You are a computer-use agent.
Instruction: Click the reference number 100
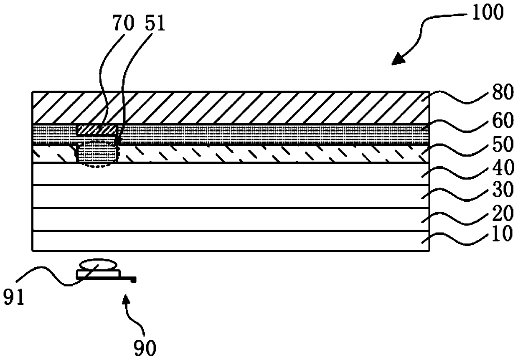pyautogui.click(x=488, y=13)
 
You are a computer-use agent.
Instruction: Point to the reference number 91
pyautogui.click(x=14, y=298)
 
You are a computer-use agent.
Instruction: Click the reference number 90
pyautogui.click(x=144, y=346)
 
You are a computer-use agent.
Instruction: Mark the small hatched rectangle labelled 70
pyautogui.click(x=96, y=129)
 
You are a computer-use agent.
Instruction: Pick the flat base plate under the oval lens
pyautogui.click(x=99, y=273)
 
